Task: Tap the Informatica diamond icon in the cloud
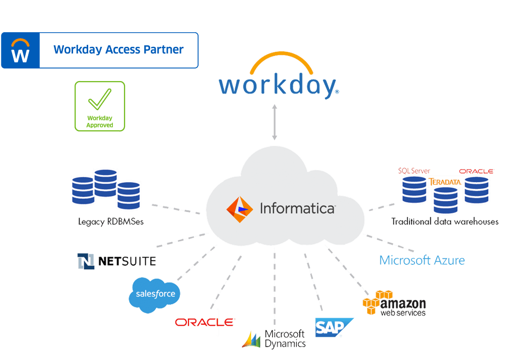[x=240, y=209]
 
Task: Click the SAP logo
[x=334, y=327]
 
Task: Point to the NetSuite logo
[x=117, y=261]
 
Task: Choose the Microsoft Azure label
[x=422, y=260]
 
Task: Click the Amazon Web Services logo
[x=395, y=303]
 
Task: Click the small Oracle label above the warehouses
[x=476, y=171]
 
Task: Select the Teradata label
[x=445, y=182]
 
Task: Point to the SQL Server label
[x=414, y=171]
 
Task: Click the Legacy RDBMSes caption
[x=111, y=222]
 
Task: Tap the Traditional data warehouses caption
[x=445, y=222]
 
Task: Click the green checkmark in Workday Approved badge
[x=100, y=99]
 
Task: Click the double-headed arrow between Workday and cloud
[x=275, y=122]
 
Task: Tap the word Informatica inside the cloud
[x=297, y=209]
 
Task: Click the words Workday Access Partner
[x=118, y=49]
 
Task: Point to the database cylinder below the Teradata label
[x=445, y=200]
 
